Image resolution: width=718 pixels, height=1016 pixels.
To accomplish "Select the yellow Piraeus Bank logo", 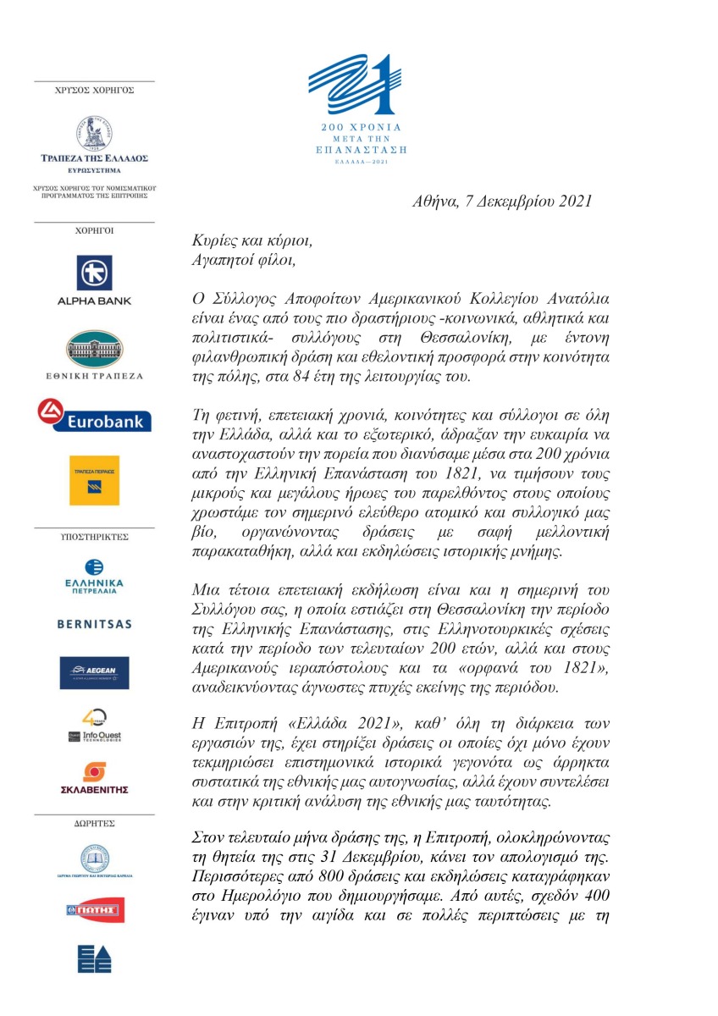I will click(94, 480).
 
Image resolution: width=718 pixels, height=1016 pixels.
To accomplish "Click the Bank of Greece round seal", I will click(94, 134).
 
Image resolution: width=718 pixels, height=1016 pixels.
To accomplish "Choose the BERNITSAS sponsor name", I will click(94, 624).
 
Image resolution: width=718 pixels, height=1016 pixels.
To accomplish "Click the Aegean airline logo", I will click(94, 672).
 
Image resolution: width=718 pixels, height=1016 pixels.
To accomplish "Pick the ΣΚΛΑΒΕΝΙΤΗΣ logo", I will click(94, 780).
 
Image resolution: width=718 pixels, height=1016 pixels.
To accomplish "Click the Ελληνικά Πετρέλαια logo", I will click(94, 577).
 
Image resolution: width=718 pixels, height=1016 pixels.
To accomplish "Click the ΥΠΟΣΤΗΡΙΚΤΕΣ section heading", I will click(94, 537).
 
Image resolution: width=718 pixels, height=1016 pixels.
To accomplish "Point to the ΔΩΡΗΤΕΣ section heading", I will click(94, 822).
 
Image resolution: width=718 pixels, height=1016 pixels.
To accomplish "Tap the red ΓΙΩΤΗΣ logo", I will click(94, 910).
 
